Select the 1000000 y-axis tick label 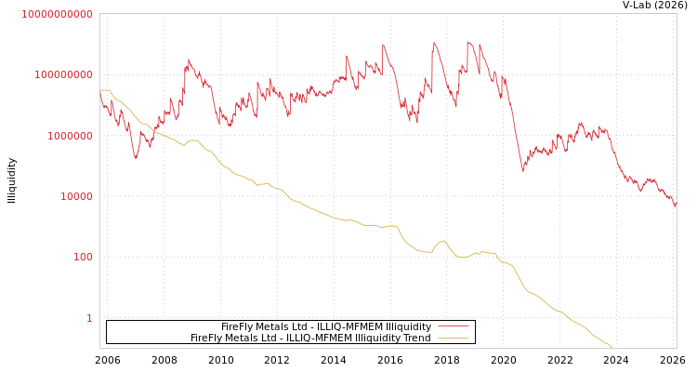pyautogui.click(x=68, y=136)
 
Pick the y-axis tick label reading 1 pyautogui.click(x=89, y=318)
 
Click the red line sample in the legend pyautogui.click(x=453, y=326)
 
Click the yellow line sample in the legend pyautogui.click(x=453, y=338)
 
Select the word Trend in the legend pyautogui.click(x=415, y=338)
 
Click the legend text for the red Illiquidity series pyautogui.click(x=325, y=326)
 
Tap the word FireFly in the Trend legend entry pyautogui.click(x=207, y=338)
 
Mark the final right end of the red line pyautogui.click(x=676, y=206)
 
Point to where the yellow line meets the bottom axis pyautogui.click(x=612, y=348)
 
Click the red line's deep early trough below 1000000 pyautogui.click(x=136, y=157)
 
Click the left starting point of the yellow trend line pyautogui.click(x=100, y=90)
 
